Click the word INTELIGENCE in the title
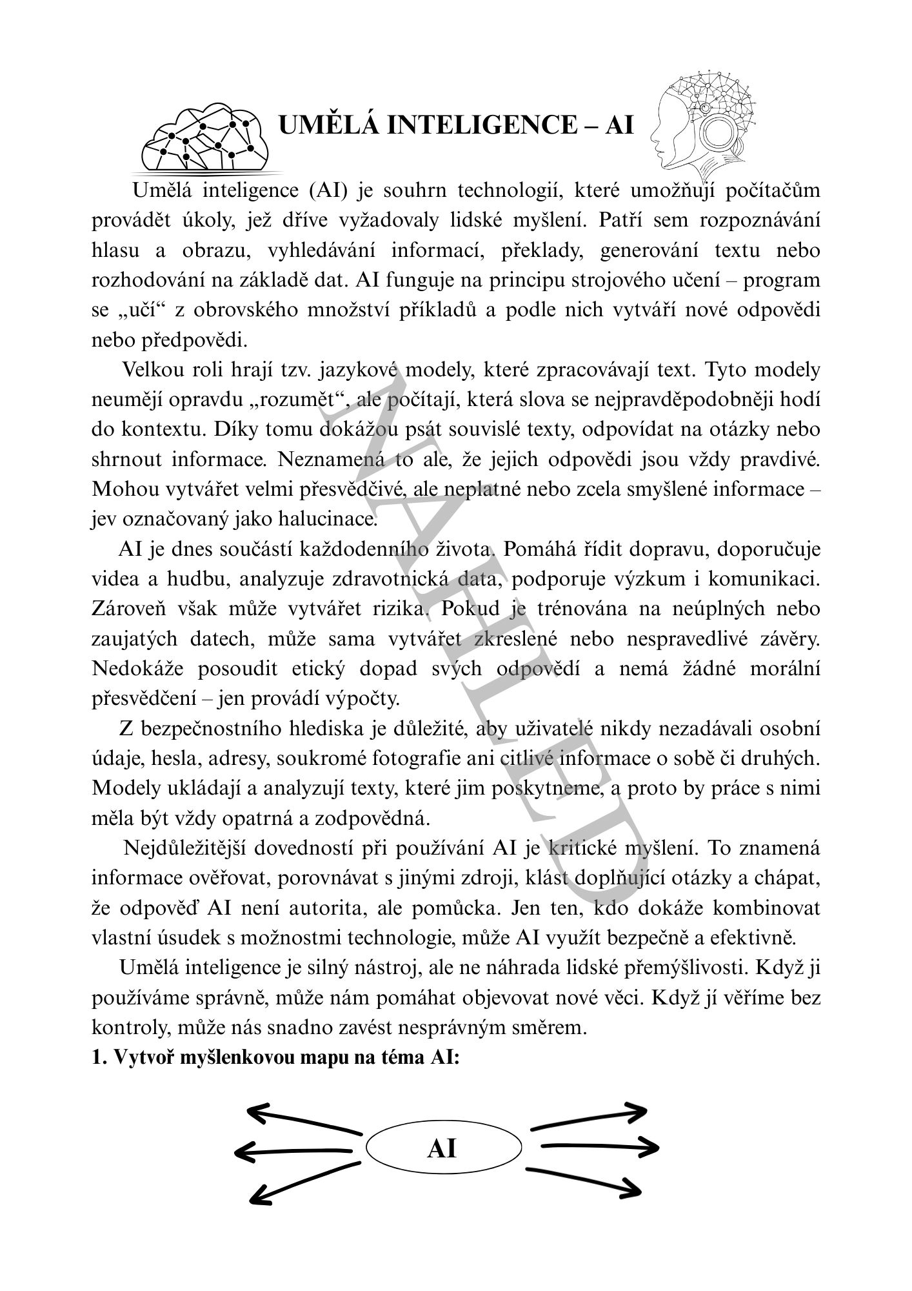[480, 125]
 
